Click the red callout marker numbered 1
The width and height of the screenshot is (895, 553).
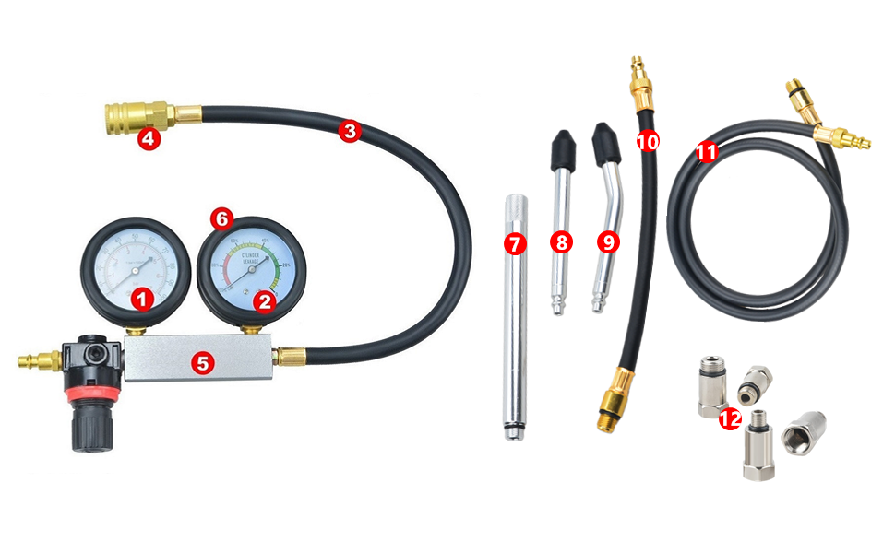[141, 298]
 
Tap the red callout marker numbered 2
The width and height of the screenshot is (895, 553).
[264, 300]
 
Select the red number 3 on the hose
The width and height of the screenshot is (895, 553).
[349, 131]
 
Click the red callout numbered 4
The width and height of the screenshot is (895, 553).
[148, 140]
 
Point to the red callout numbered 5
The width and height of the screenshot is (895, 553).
[203, 362]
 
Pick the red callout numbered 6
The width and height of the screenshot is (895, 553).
[221, 218]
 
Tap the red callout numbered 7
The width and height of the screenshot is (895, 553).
[514, 244]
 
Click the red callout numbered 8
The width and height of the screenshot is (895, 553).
[561, 242]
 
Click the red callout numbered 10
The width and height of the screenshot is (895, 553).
[648, 141]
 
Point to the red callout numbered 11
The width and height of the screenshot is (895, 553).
[708, 153]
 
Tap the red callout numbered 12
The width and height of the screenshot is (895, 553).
[730, 418]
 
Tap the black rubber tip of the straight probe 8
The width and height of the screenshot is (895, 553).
[559, 145]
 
